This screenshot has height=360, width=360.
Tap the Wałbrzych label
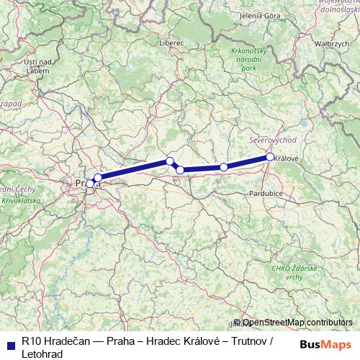coord(332,43)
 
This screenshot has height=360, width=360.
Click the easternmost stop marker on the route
coord(270,156)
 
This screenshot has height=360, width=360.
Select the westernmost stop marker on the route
coord(90,184)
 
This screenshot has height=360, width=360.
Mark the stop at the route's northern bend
coord(170,161)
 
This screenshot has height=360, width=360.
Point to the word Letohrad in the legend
coord(42,354)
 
